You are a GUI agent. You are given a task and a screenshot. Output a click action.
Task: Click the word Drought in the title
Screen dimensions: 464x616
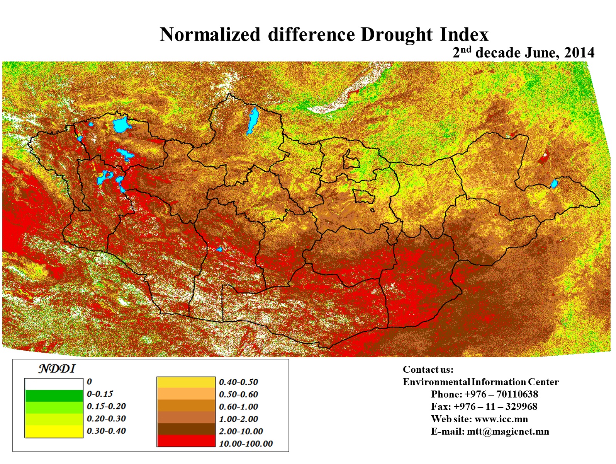pyautogui.click(x=397, y=34)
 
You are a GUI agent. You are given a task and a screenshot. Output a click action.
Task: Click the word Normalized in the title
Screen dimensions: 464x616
pyautogui.click(x=210, y=34)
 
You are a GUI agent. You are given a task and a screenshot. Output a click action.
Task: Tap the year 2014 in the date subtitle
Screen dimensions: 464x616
pyautogui.click(x=579, y=53)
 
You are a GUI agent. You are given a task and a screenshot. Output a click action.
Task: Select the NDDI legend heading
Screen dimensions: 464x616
pyautogui.click(x=57, y=368)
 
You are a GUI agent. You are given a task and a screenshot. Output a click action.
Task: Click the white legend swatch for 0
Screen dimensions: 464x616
pyautogui.click(x=54, y=384)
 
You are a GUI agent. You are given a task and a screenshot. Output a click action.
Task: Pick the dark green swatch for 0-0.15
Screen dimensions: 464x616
pyautogui.click(x=54, y=396)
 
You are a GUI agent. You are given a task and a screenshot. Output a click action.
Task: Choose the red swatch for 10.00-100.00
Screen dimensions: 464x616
pyautogui.click(x=186, y=441)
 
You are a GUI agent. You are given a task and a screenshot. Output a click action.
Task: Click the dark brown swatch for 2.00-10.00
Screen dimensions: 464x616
pyautogui.click(x=186, y=429)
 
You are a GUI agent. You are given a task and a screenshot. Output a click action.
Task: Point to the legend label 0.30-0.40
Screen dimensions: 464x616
pyautogui.click(x=106, y=431)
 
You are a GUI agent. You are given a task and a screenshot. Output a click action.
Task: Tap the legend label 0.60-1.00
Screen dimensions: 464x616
pyautogui.click(x=238, y=407)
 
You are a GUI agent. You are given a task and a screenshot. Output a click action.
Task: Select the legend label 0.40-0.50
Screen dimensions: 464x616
pyautogui.click(x=238, y=382)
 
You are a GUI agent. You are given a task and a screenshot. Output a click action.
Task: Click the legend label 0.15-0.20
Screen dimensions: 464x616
pyautogui.click(x=106, y=406)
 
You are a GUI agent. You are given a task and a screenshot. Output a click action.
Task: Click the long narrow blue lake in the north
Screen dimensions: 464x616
pyautogui.click(x=253, y=120)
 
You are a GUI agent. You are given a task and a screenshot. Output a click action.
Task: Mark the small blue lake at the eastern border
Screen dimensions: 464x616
pyautogui.click(x=554, y=184)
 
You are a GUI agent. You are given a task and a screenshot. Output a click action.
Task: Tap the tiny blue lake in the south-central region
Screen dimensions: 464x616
pyautogui.click(x=219, y=249)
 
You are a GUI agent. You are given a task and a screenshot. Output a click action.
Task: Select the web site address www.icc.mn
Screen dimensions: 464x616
pyautogui.click(x=501, y=419)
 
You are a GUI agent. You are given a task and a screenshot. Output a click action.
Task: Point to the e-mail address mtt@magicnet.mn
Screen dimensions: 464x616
pyautogui.click(x=507, y=432)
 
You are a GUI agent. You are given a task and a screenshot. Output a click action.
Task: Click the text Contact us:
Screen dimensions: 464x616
pyautogui.click(x=428, y=370)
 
